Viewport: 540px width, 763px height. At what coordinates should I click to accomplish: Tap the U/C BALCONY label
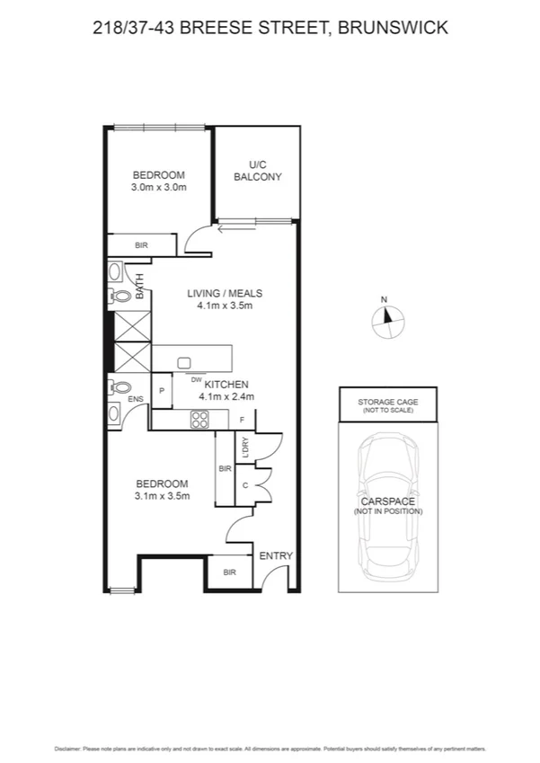pos(258,171)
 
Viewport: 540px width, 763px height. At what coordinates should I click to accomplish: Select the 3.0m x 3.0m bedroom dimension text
pos(159,188)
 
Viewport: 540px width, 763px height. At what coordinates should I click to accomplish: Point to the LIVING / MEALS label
pos(225,293)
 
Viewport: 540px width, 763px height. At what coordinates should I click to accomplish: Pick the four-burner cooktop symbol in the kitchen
pos(199,419)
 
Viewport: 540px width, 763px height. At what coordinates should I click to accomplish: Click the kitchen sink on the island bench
pos(184,363)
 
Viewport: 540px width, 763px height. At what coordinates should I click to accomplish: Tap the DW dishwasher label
pos(195,380)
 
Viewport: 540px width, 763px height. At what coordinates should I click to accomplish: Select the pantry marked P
pos(161,391)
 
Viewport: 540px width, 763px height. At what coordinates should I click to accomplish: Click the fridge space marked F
pos(243,420)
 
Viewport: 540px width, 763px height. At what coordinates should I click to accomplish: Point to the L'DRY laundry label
pos(244,447)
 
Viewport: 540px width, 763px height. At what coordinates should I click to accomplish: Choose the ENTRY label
pos(276,556)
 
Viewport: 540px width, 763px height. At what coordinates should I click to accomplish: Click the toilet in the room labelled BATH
pos(120,296)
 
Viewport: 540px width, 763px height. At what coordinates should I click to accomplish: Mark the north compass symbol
pos(386,317)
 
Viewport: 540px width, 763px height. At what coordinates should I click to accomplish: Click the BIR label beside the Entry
pos(229,572)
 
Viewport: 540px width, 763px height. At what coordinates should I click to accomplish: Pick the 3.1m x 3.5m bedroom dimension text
pos(162,495)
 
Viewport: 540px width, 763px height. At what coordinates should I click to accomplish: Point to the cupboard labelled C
pos(244,485)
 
